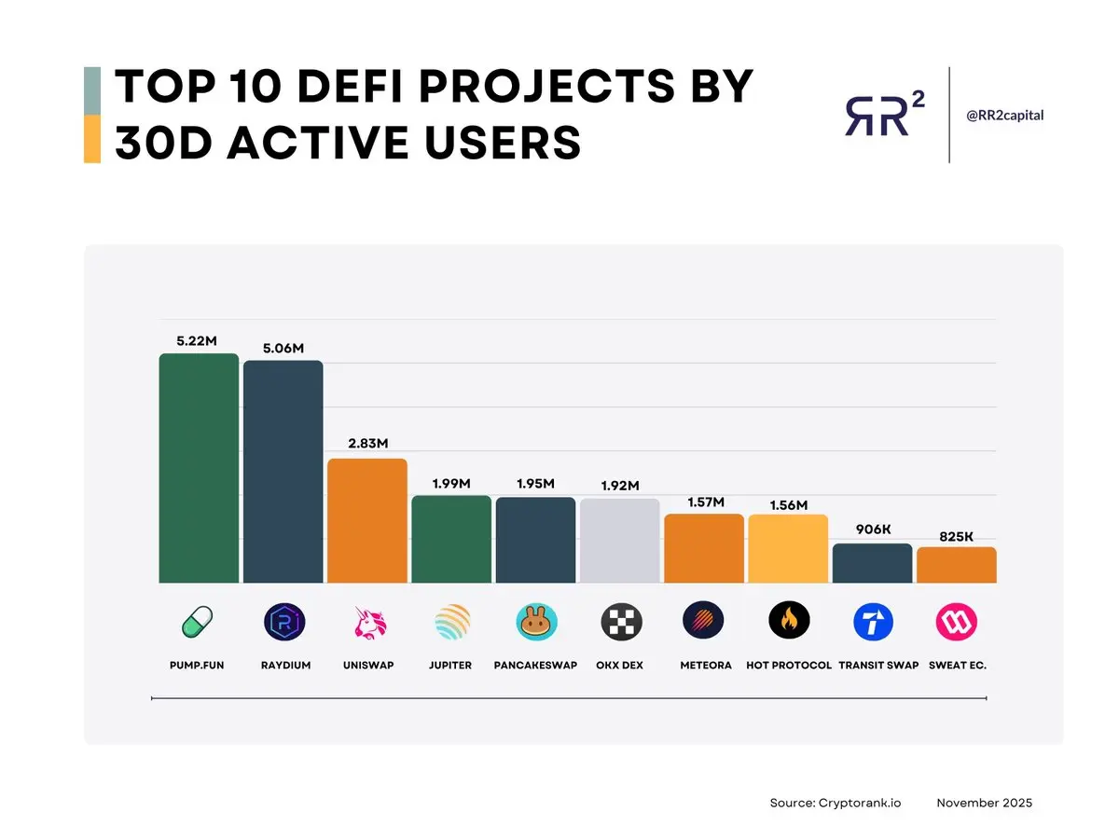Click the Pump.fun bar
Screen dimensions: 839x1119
pos(199,468)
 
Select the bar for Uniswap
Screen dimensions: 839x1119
pos(367,520)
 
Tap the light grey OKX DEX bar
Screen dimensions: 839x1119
pos(620,541)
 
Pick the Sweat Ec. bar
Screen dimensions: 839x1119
pos(957,565)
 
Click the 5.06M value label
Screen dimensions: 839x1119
pos(283,349)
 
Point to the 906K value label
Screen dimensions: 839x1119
pos(873,530)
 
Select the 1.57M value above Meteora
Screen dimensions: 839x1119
pos(705,502)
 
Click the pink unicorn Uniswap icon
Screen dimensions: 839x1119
pos(367,622)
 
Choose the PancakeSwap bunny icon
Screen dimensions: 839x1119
pos(536,622)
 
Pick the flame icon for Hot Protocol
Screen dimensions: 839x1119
pos(789,621)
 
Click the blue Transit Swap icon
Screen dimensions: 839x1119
pos(874,622)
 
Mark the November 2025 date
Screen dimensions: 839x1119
pos(984,803)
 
